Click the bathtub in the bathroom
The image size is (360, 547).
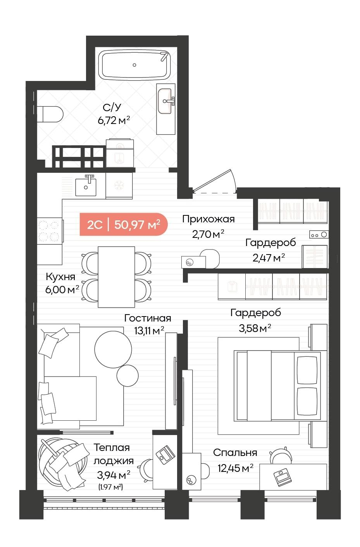pyautogui.click(x=134, y=64)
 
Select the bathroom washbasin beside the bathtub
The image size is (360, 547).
pyautogui.click(x=165, y=101)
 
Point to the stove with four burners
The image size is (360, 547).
pyautogui.click(x=49, y=231)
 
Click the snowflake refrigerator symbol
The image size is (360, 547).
pyautogui.click(x=118, y=186)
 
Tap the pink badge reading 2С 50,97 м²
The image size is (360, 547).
pyautogui.click(x=123, y=224)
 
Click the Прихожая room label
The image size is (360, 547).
pyautogui.click(x=208, y=219)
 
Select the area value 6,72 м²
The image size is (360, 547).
pyautogui.click(x=113, y=120)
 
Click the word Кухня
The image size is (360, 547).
pyautogui.click(x=60, y=277)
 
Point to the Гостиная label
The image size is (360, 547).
pyautogui.click(x=147, y=318)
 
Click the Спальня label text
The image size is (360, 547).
pyautogui.click(x=235, y=452)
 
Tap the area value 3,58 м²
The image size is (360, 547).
pyautogui.click(x=255, y=329)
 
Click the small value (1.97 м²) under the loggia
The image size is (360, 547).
pyautogui.click(x=111, y=487)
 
